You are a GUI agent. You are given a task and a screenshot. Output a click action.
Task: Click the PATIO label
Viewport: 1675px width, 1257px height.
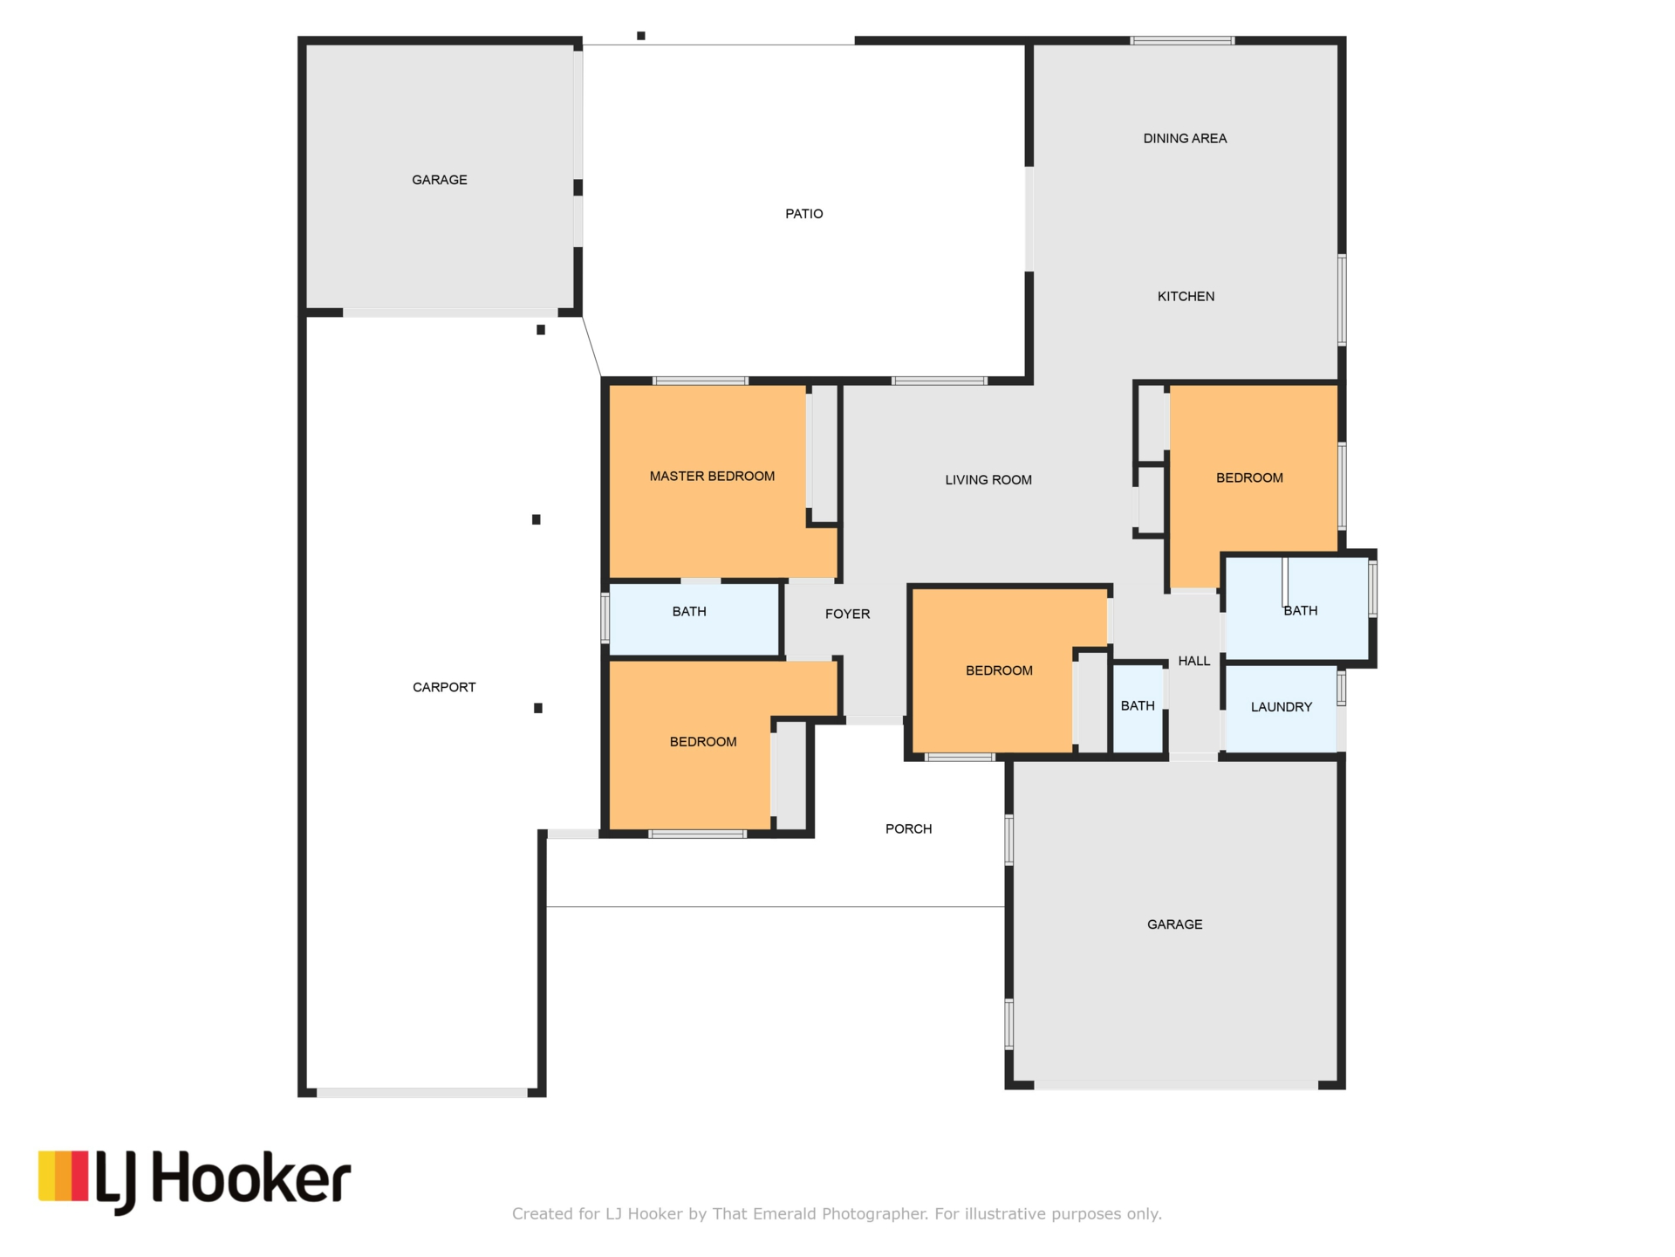[x=803, y=214]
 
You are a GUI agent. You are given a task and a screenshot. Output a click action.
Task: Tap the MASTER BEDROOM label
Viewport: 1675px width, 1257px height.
[x=712, y=477]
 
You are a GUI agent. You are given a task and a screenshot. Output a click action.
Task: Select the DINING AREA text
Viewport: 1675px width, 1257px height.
[x=1185, y=139]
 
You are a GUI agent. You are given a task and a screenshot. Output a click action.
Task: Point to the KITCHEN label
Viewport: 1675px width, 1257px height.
[x=1186, y=297]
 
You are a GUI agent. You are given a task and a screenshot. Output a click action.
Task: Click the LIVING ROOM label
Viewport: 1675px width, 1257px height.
[x=988, y=480]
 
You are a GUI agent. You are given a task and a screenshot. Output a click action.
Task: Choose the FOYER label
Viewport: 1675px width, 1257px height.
[x=847, y=615]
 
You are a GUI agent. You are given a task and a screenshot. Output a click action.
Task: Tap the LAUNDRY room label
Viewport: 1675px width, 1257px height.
[x=1281, y=707]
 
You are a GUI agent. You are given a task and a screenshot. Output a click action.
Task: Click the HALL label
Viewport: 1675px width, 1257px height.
[x=1194, y=661]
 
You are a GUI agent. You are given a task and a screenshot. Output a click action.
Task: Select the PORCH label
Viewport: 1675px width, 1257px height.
[x=908, y=829]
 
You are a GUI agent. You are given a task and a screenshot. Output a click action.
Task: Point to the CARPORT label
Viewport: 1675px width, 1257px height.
[x=444, y=688]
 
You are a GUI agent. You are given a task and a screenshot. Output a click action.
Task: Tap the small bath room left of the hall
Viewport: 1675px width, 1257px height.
[x=1138, y=709]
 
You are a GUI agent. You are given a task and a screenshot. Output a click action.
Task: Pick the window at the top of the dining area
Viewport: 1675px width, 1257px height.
[x=1182, y=40]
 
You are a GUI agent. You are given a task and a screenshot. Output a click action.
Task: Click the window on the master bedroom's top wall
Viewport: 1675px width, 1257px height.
[x=700, y=381]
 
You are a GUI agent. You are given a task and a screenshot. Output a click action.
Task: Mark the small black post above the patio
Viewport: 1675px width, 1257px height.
[x=641, y=36]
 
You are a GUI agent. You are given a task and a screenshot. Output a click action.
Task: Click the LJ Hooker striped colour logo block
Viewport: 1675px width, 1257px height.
[x=63, y=1176]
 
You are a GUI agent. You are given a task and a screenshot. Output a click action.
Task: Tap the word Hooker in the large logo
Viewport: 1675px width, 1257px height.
[x=252, y=1178]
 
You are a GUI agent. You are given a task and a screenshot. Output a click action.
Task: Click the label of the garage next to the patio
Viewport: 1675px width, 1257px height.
[x=440, y=181]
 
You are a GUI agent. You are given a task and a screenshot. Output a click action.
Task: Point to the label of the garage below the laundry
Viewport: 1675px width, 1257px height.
[x=1174, y=924]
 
